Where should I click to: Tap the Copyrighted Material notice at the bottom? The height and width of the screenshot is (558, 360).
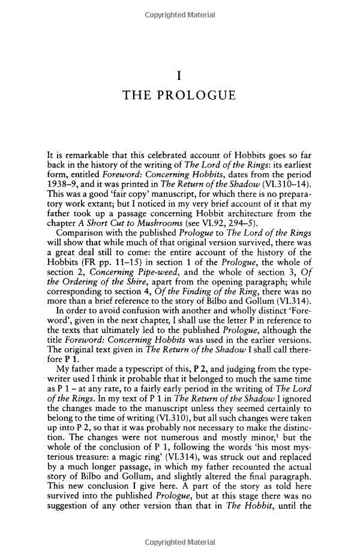pos(180,542)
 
